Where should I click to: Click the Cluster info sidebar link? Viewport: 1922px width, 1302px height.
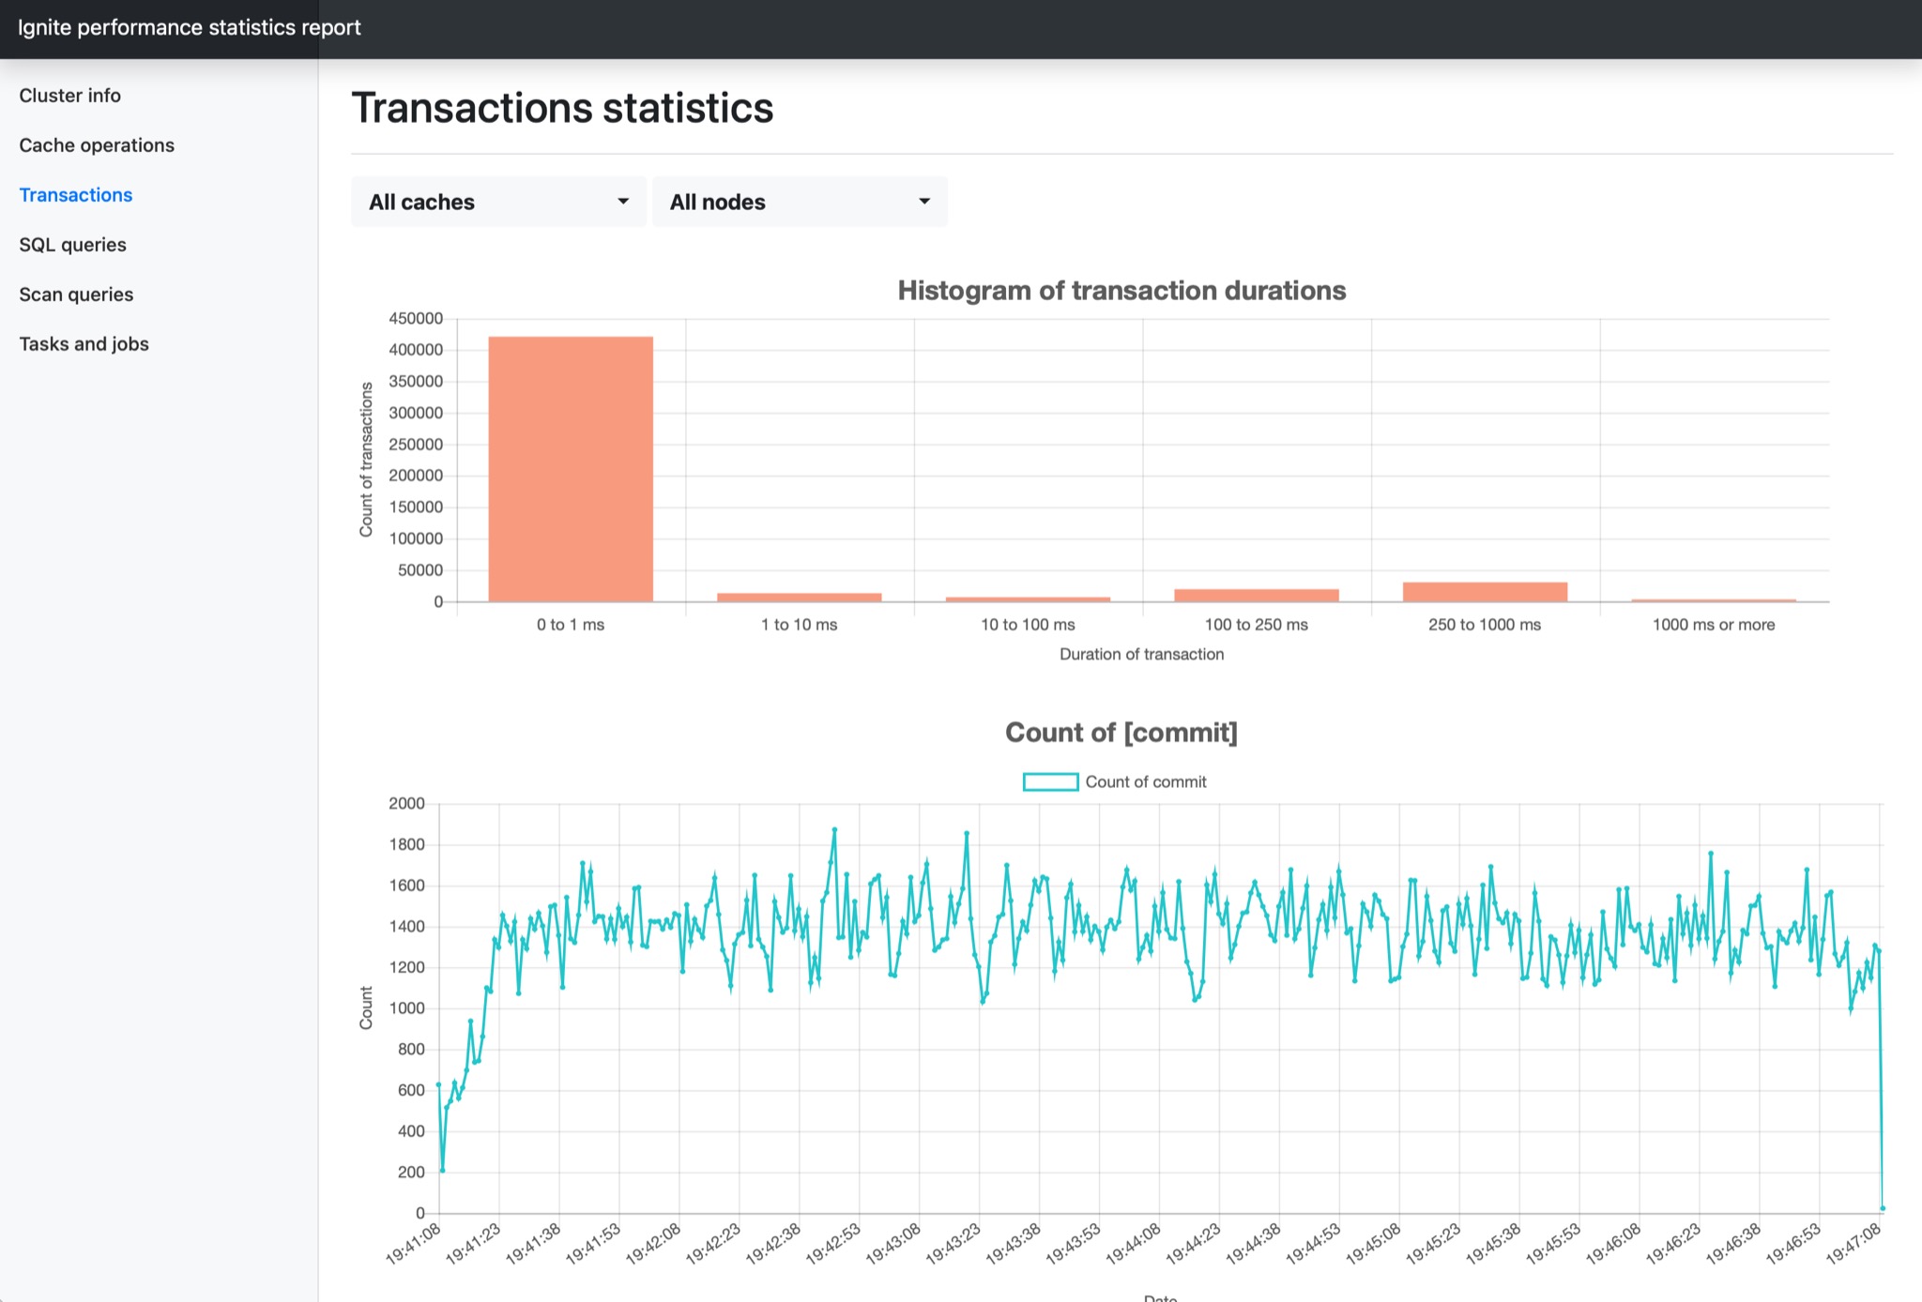(x=69, y=96)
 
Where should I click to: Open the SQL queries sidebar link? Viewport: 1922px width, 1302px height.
(x=72, y=245)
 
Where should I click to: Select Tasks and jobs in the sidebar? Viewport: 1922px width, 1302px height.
(x=84, y=344)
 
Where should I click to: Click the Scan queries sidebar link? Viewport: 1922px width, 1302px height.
(x=76, y=295)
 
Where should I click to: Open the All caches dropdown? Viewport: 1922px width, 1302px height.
(x=498, y=202)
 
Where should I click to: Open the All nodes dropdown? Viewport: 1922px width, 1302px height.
(x=800, y=202)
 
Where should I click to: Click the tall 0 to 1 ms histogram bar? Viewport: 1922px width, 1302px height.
(x=571, y=469)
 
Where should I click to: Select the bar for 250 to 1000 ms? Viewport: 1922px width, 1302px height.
(x=1485, y=592)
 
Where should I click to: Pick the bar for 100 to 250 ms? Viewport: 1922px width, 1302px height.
(x=1256, y=595)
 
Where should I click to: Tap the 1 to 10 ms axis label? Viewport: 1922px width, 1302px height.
(x=799, y=625)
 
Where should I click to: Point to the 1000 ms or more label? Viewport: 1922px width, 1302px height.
(x=1713, y=625)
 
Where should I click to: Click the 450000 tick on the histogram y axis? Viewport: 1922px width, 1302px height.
(x=416, y=319)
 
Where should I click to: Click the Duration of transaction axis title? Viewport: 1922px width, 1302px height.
(x=1141, y=655)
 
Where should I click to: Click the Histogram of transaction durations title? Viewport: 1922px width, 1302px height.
(x=1121, y=291)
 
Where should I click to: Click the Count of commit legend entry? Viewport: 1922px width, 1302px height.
(x=1115, y=782)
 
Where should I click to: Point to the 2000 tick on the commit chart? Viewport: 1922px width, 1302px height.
(x=406, y=804)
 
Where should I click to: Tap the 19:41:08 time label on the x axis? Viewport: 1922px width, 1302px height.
(x=414, y=1244)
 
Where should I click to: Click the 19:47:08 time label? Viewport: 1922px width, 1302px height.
(x=1853, y=1244)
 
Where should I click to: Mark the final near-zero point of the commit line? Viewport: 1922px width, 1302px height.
(x=1883, y=1209)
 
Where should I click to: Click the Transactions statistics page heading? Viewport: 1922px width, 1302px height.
(x=562, y=108)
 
